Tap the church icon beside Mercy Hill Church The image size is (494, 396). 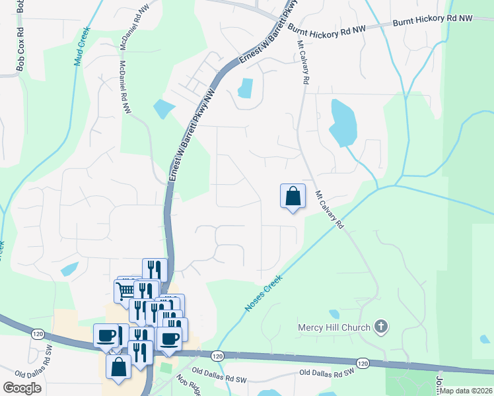click(x=380, y=326)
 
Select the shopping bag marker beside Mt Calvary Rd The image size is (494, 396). click(x=293, y=196)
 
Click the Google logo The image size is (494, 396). click(x=22, y=388)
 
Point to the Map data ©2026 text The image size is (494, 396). click(x=467, y=391)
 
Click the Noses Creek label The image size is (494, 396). click(x=264, y=293)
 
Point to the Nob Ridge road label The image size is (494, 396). click(x=188, y=382)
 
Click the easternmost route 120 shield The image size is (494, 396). click(x=363, y=363)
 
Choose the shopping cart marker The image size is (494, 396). click(x=124, y=290)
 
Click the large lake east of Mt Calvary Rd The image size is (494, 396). click(x=343, y=123)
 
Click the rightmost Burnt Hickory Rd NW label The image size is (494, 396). click(x=433, y=20)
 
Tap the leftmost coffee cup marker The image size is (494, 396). click(x=106, y=335)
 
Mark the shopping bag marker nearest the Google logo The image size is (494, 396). click(x=118, y=368)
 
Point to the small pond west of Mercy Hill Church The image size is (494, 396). click(x=334, y=314)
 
